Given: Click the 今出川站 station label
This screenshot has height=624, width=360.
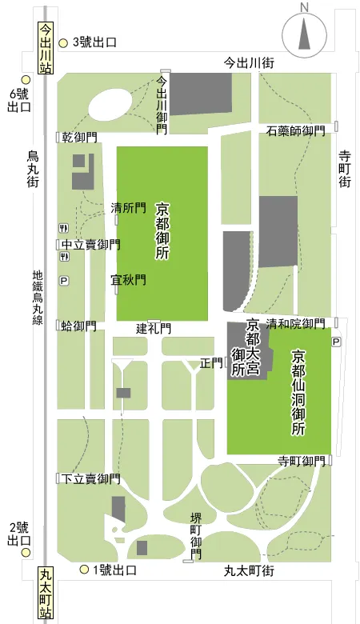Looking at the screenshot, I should point(46,48).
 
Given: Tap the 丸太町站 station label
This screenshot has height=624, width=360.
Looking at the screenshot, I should point(46,593).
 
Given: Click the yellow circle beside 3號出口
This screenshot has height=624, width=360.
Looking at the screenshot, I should point(65,41).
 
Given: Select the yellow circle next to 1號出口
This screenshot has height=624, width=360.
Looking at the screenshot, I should point(84,570).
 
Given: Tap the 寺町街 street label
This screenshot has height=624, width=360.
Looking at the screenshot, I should point(345,169).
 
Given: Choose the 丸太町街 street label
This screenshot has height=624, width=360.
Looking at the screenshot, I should point(249,570).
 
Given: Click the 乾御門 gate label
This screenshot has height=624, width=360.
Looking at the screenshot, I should point(79,138).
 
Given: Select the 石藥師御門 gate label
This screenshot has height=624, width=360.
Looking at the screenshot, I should point(295,130).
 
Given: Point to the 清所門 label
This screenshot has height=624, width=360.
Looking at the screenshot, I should point(128,208).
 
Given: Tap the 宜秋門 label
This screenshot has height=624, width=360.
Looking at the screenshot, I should point(128,280).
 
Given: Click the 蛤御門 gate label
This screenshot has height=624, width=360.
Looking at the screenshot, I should point(78,326).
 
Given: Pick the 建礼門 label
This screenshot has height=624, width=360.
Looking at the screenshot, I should point(154,328).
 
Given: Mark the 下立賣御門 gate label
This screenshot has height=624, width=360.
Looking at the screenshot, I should point(91,478).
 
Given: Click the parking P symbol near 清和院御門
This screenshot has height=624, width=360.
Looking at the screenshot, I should point(336,342).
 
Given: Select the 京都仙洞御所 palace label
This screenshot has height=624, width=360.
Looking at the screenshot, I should point(298,392).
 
